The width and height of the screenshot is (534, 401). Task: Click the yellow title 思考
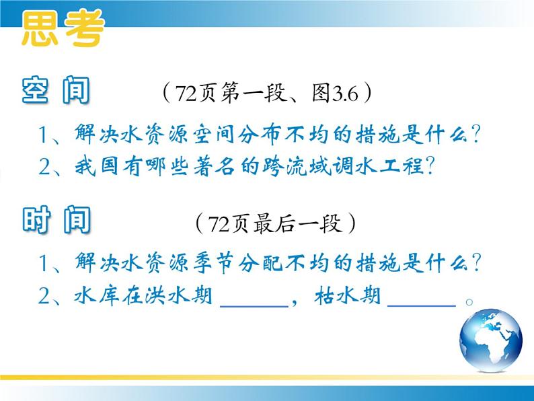click(63, 28)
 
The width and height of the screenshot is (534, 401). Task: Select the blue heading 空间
click(56, 90)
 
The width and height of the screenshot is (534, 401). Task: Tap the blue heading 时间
click(56, 219)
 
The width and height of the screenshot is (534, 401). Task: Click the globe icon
click(490, 340)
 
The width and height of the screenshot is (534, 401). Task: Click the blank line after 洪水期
click(254, 306)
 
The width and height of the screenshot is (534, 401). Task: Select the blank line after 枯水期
click(422, 305)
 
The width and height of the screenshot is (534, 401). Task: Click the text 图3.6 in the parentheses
click(335, 93)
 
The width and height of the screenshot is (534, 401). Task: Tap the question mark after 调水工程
click(430, 166)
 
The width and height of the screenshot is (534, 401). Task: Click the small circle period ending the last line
click(469, 302)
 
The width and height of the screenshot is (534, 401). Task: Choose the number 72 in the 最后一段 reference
click(218, 224)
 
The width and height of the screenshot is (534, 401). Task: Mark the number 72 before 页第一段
click(186, 94)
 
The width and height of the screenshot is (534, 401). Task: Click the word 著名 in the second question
click(214, 167)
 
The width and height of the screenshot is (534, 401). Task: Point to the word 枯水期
click(347, 295)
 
